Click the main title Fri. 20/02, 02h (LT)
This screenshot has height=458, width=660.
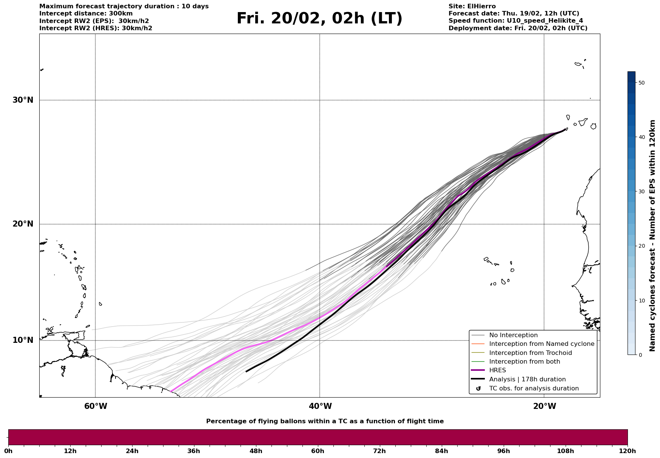coord(319,19)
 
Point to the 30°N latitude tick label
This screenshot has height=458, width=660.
coord(23,100)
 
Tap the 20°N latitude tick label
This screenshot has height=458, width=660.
coord(23,224)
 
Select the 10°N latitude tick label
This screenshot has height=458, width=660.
coord(23,340)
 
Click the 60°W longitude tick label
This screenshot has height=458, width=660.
coord(96,406)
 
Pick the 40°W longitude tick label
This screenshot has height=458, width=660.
coord(320,406)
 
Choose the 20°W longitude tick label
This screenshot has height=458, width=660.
coord(544,406)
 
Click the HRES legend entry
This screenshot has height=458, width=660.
coord(497,370)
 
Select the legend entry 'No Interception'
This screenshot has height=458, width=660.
coord(513,335)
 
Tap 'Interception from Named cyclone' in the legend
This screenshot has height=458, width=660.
coord(541,344)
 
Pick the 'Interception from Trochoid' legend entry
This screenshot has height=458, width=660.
coord(530,353)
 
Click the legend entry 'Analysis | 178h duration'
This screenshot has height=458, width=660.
coord(527,379)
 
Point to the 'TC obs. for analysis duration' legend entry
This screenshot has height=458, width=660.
coord(534,389)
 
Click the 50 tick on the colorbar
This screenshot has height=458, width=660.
coord(641,83)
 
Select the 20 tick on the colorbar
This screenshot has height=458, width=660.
coord(641,246)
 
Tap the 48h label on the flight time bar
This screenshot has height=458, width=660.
coord(256,451)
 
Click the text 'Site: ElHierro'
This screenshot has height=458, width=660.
coord(472,6)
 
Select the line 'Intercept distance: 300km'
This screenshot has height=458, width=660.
coord(86,14)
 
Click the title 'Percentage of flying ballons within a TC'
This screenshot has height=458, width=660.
coord(325,421)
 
